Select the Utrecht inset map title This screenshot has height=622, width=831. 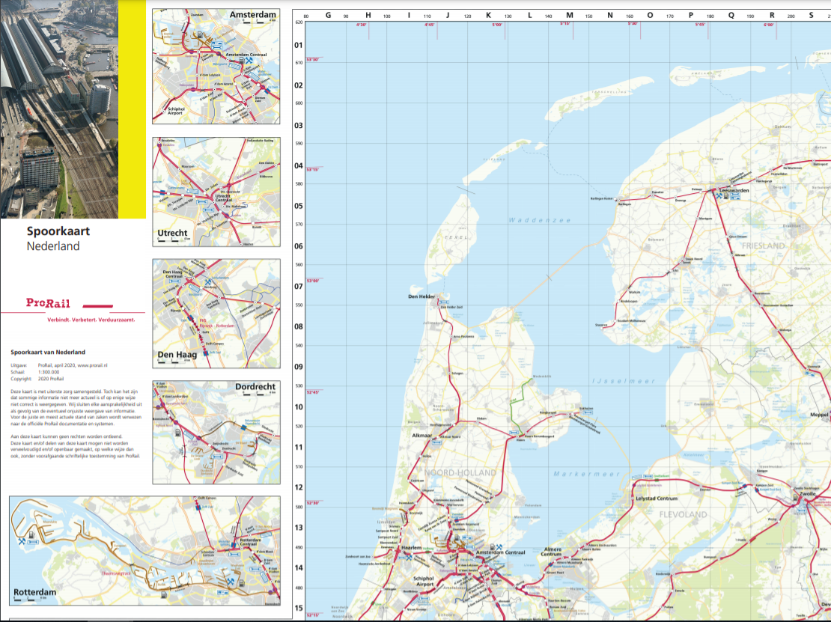[172, 234]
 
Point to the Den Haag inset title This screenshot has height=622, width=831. [177, 355]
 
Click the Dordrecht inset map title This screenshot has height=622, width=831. [255, 387]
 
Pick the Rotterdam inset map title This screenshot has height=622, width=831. [34, 592]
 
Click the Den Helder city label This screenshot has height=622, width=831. [421, 297]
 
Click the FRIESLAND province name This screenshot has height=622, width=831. [763, 246]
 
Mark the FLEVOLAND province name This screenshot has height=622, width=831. [683, 515]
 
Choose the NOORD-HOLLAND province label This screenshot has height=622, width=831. [460, 473]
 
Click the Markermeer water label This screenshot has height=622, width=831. [576, 474]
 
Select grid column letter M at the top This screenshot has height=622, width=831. [569, 15]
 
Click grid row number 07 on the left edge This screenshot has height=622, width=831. [298, 287]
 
